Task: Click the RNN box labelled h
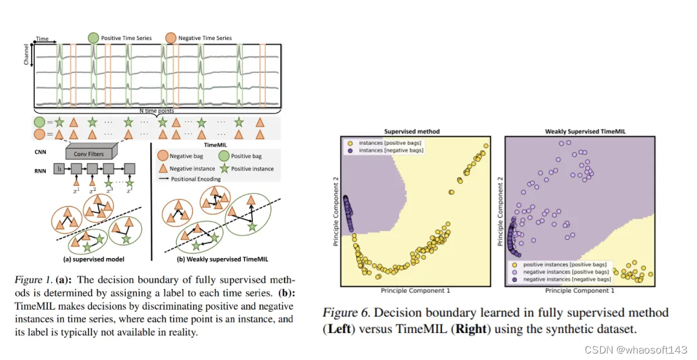(x=60, y=170)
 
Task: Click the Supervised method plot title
(x=411, y=132)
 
